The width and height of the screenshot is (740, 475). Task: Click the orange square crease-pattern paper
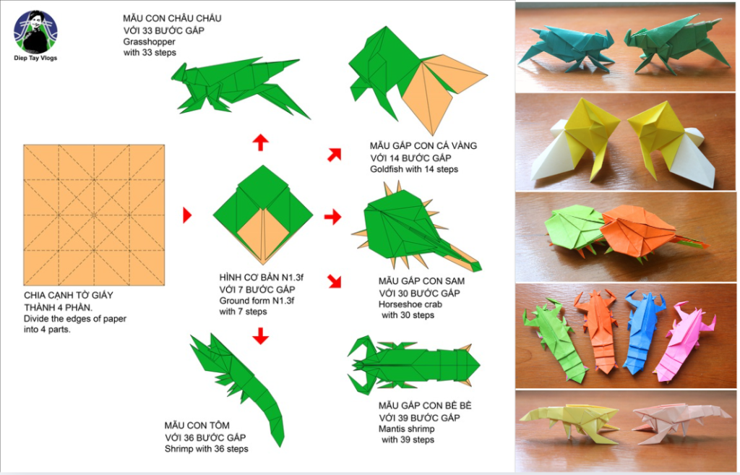coord(94,215)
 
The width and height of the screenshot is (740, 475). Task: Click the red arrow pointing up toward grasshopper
coord(260,142)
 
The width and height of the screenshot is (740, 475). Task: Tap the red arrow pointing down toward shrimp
coord(260,335)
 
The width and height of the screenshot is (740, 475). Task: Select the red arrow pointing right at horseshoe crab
coord(332,217)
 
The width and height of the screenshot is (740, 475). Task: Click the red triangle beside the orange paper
coord(187,215)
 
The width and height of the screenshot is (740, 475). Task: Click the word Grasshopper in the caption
coord(149,41)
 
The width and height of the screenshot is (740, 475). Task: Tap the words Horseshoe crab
coord(410,304)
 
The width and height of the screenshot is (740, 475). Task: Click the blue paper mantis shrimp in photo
coord(644,330)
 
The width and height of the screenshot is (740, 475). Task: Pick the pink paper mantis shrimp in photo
coord(684,341)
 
